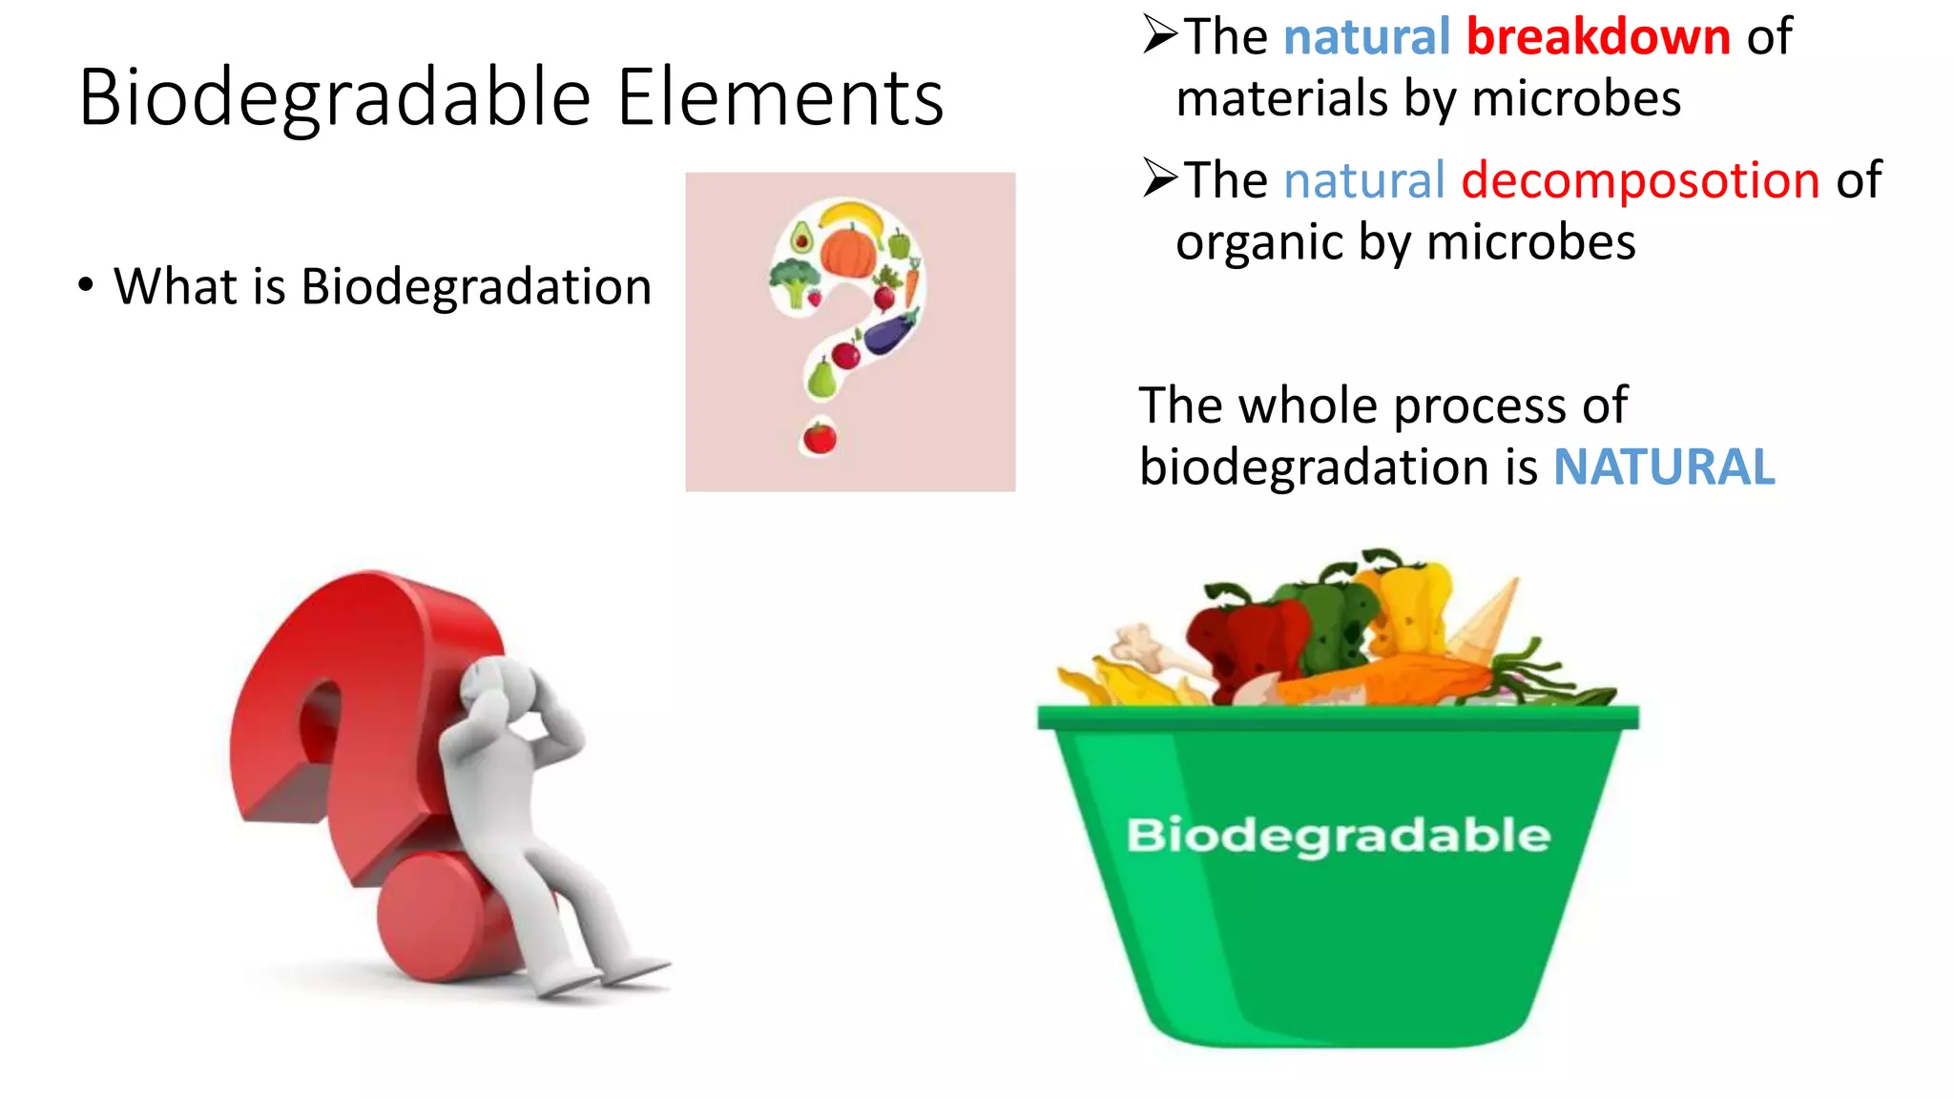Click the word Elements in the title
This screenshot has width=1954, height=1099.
tap(780, 98)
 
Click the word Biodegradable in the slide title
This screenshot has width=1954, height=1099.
tap(335, 98)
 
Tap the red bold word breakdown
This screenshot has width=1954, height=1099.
tap(1598, 37)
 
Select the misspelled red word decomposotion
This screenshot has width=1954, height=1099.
tap(1640, 180)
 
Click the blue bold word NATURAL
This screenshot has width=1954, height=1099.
tap(1664, 467)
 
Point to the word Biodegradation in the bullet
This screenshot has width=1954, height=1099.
tap(476, 287)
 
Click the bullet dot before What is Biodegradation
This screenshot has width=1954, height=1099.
tap(86, 285)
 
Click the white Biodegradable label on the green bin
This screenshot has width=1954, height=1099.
tap(1338, 835)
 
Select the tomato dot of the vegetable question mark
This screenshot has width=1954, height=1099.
tap(820, 438)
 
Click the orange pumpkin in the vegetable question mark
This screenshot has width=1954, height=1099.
tap(847, 250)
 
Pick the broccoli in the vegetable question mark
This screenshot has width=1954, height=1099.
tap(793, 280)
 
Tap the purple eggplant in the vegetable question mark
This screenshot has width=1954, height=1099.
tap(890, 333)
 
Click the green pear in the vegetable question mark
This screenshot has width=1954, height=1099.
tap(821, 379)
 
